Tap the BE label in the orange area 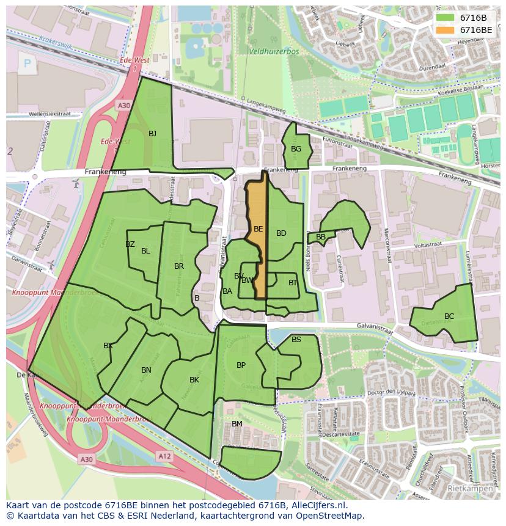[258, 229]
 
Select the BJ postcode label [152, 133]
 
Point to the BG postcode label [296, 149]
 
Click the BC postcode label [449, 316]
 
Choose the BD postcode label [281, 233]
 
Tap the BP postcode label [241, 365]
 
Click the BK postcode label [194, 380]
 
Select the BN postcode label [146, 370]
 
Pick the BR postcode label [179, 266]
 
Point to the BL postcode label [145, 251]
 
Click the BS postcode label [296, 340]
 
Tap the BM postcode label [237, 424]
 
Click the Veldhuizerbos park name [274, 52]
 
